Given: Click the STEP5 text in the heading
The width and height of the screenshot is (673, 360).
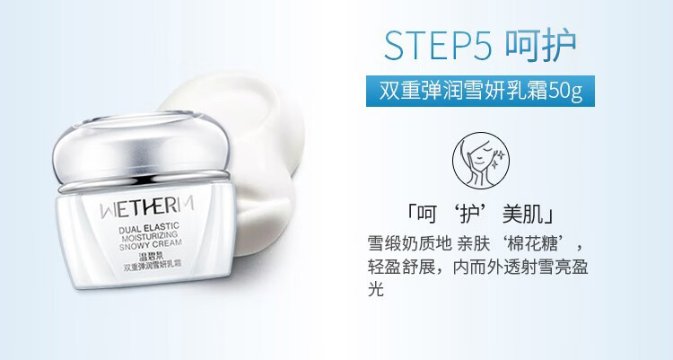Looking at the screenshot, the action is point(438,45).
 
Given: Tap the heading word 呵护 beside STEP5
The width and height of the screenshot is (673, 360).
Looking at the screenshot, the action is point(540,45).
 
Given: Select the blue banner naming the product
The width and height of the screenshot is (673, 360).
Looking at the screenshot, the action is point(480,91).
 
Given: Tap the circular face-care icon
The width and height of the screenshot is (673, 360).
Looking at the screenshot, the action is point(481,160).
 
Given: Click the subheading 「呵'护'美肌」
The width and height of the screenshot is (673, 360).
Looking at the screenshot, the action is point(480,214).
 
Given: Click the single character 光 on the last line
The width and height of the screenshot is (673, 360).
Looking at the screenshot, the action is point(376,289).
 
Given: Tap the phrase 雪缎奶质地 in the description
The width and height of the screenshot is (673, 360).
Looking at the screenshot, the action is point(409,244).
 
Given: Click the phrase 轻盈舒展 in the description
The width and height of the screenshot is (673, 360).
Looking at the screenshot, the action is point(401,267).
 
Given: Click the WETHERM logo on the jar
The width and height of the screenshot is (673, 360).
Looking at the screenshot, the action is point(147,207).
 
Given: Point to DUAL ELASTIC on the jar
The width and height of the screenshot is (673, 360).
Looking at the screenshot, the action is point(149,228).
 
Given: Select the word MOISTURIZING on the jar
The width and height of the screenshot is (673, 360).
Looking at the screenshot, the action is point(150,237).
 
